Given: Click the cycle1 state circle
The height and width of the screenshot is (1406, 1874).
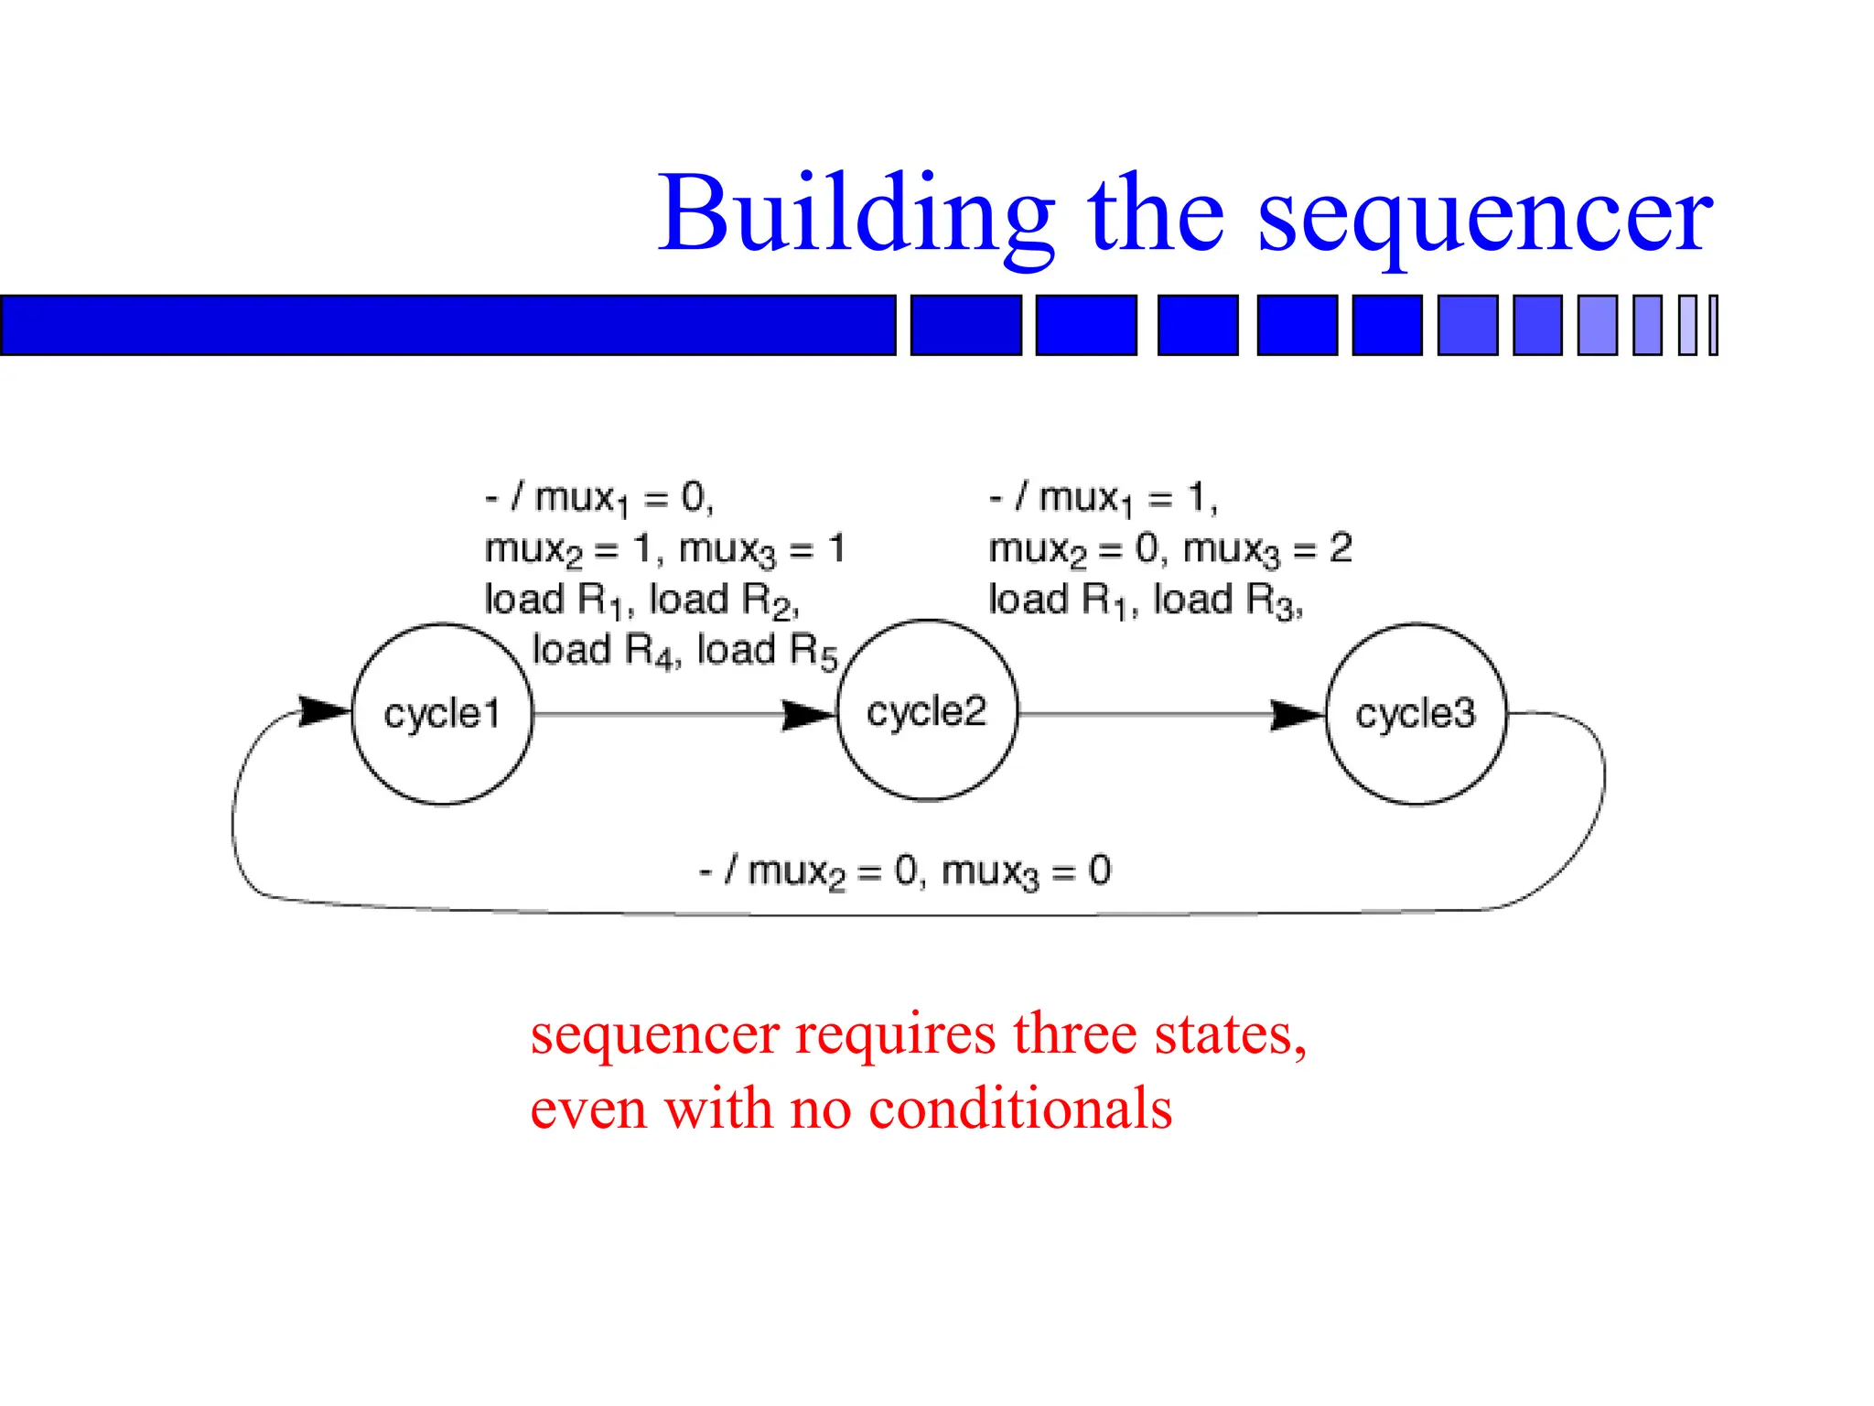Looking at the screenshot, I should click(442, 713).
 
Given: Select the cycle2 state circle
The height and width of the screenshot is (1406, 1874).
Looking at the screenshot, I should click(927, 711).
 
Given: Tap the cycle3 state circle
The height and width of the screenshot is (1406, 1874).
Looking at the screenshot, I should click(1416, 713).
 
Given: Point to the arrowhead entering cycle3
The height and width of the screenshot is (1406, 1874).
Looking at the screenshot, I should click(1298, 715).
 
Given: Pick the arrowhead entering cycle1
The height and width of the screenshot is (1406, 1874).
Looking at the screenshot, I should click(324, 711).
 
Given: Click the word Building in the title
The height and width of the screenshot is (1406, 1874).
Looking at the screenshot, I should click(856, 215).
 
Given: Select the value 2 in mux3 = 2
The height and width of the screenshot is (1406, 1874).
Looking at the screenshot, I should click(1341, 548).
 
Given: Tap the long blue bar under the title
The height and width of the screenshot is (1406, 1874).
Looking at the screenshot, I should click(447, 325).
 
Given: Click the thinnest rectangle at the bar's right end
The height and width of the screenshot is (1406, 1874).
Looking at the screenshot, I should click(1714, 325).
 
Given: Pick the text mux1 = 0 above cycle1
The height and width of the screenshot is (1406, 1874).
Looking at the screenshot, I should click(622, 499).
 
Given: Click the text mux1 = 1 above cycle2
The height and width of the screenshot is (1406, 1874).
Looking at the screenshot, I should click(1127, 499).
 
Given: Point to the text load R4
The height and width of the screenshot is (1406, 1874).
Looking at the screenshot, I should click(606, 651).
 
